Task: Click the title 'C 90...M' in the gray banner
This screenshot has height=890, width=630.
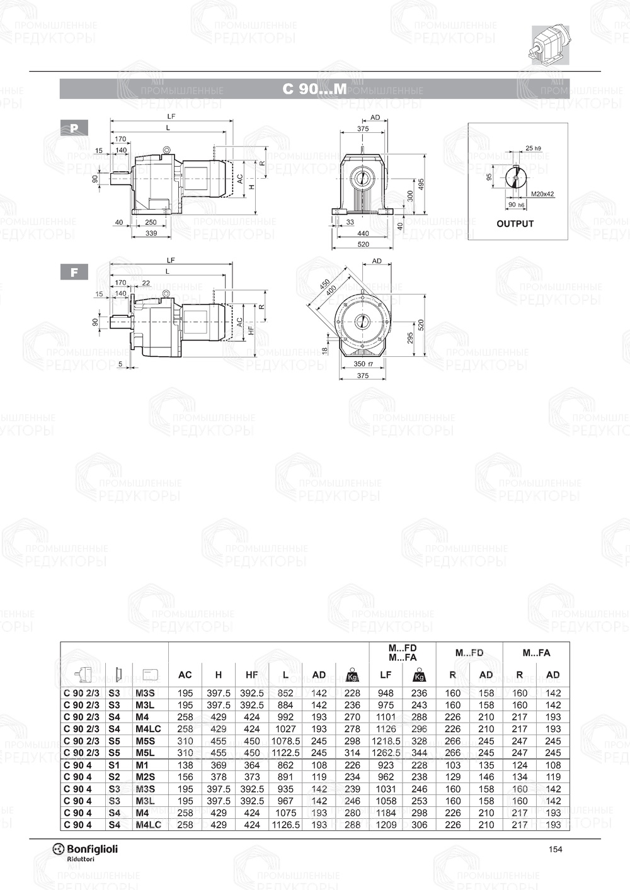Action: point(314,89)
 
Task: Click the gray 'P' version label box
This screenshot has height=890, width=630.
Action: point(74,128)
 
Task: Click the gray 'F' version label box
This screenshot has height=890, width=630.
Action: point(74,273)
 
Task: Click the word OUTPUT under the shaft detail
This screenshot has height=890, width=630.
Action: point(515,223)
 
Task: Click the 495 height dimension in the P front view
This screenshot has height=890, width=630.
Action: point(421,183)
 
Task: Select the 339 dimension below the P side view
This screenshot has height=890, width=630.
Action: point(151,234)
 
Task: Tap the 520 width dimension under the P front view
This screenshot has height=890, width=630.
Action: point(363,244)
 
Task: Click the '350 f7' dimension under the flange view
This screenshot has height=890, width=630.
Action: point(363,364)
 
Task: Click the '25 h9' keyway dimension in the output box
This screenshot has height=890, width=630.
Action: point(532,149)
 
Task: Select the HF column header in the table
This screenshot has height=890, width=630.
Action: point(251,675)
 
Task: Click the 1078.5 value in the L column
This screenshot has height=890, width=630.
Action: point(285,741)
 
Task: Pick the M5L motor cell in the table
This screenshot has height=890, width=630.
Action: point(146,753)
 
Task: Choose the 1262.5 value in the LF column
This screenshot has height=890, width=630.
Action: point(386,753)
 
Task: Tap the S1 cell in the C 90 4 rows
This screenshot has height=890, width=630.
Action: point(114,765)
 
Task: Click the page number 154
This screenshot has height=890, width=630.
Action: point(555,849)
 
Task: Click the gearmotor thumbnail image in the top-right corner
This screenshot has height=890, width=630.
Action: point(549,44)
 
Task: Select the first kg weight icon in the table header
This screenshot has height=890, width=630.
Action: point(352,676)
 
